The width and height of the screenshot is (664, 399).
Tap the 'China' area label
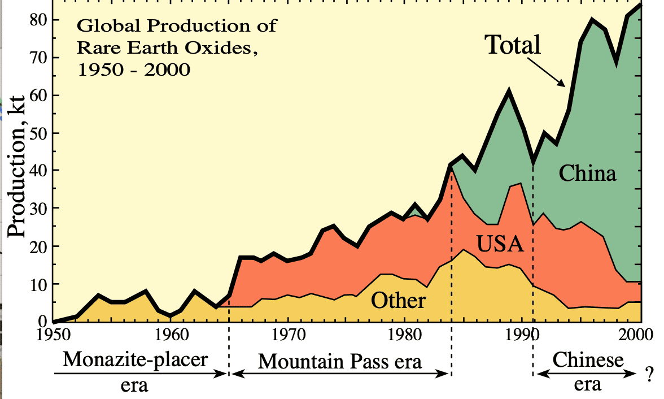pyautogui.click(x=587, y=173)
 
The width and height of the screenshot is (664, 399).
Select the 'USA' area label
pyautogui.click(x=500, y=244)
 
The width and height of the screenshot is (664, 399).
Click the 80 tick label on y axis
pyautogui.click(x=37, y=20)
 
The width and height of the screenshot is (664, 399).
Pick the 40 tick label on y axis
pyautogui.click(x=37, y=171)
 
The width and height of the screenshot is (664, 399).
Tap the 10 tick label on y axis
pyautogui.click(x=37, y=284)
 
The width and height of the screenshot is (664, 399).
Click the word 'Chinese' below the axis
pyautogui.click(x=588, y=359)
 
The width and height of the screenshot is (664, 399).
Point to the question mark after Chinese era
pyautogui.click(x=650, y=372)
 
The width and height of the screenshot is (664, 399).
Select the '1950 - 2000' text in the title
pyautogui.click(x=133, y=70)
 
